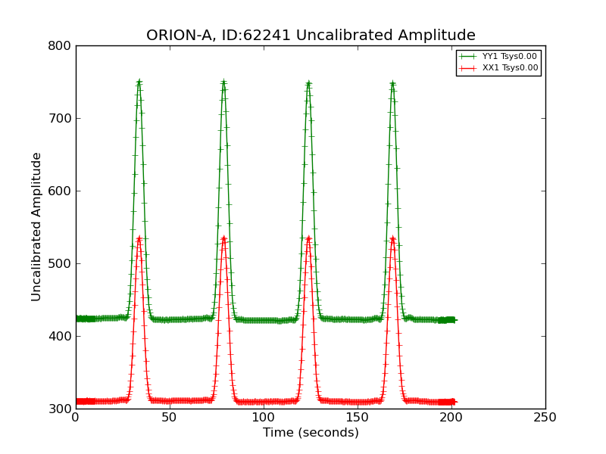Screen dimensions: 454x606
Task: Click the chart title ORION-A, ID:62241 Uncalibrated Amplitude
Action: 311,36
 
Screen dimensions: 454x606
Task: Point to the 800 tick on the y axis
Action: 61,46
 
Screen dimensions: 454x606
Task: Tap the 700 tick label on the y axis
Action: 61,119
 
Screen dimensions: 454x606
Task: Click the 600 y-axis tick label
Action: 61,191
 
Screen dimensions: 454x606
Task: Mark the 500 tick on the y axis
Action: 61,264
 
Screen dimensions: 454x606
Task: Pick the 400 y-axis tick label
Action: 61,337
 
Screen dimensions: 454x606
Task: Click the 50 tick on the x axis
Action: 170,418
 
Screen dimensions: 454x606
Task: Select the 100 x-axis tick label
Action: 264,418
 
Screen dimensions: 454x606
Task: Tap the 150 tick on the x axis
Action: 358,418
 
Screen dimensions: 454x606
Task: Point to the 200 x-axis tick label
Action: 451,418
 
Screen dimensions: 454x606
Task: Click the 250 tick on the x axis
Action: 545,418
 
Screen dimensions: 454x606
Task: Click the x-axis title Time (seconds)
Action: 311,433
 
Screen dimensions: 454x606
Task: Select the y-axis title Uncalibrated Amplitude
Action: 37,227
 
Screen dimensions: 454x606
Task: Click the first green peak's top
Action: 139,82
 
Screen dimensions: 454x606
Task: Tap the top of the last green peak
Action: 392,83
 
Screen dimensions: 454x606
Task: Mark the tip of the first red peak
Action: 139,238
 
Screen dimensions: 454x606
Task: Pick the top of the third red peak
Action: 308,238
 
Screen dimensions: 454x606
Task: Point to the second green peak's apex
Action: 223,82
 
